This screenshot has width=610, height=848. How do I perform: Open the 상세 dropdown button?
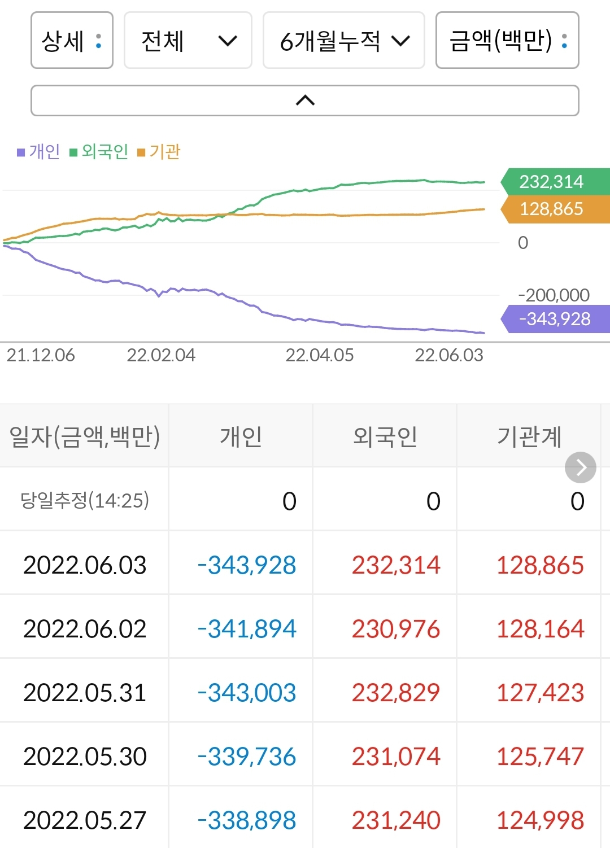[72, 41]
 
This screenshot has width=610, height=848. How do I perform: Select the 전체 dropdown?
[188, 41]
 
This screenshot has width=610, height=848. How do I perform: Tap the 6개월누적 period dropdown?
[343, 41]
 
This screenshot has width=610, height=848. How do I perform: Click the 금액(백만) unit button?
[507, 41]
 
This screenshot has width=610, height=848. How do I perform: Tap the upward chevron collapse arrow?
[305, 100]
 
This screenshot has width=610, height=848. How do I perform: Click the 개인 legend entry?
[39, 151]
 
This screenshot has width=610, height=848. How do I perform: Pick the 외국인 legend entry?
[99, 151]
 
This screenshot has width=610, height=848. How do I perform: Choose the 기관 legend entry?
[159, 151]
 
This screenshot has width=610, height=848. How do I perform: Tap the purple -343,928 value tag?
[555, 319]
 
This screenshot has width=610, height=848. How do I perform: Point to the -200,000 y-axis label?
[554, 295]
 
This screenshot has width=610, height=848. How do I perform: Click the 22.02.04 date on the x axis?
[161, 355]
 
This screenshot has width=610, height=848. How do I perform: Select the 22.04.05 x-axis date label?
[319, 355]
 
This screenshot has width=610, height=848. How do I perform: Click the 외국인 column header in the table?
[385, 436]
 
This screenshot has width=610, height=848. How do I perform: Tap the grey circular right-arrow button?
[580, 467]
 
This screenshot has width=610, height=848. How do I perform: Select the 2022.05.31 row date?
[85, 693]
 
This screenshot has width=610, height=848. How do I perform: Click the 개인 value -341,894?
[247, 629]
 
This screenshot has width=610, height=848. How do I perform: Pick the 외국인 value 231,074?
[396, 757]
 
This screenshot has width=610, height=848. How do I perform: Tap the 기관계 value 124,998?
[540, 820]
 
